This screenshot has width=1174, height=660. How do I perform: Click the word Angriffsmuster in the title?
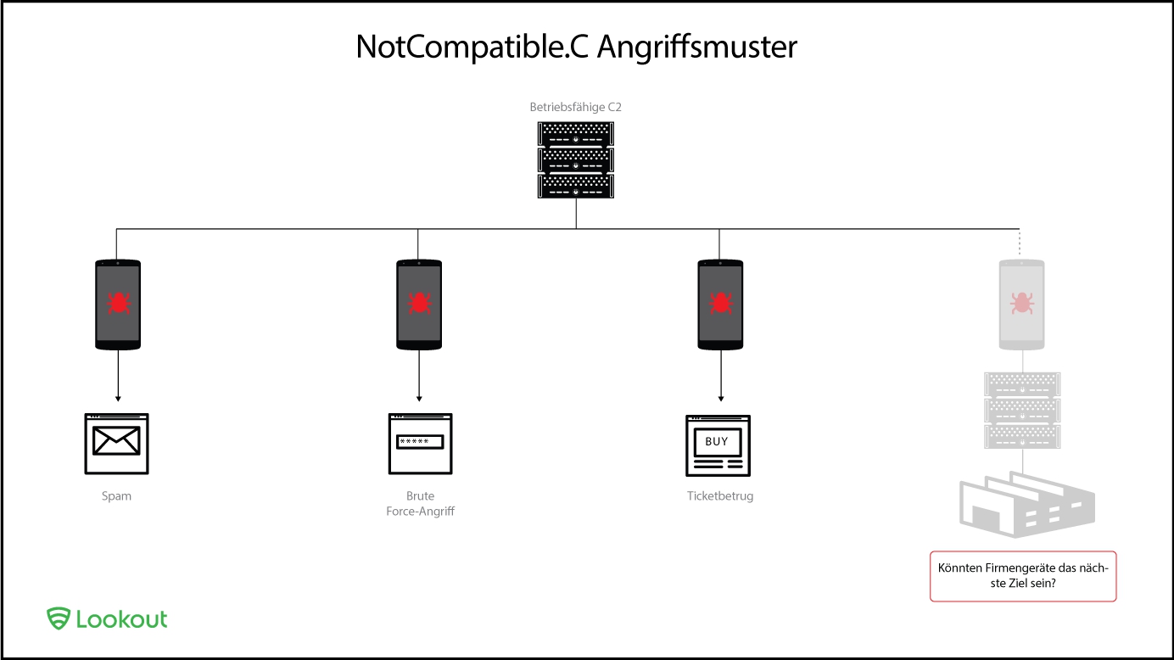(697, 47)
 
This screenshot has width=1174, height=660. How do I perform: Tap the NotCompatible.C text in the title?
(472, 47)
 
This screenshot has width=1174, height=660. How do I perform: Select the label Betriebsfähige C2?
(576, 108)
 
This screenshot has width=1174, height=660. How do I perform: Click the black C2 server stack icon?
(576, 160)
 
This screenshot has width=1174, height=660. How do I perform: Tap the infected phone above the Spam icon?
(117, 305)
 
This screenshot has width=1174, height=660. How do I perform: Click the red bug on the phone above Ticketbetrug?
(720, 302)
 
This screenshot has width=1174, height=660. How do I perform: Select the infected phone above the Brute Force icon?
(419, 305)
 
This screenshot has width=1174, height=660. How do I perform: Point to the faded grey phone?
(1022, 305)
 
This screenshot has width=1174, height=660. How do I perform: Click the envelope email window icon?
(117, 443)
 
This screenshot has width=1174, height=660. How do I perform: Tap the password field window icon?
(420, 443)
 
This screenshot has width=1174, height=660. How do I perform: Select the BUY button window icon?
(718, 444)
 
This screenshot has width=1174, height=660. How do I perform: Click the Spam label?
(117, 496)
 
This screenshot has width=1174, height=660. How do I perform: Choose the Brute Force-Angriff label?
(420, 504)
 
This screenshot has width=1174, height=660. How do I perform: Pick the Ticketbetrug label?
(720, 496)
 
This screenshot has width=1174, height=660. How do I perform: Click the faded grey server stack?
(1022, 411)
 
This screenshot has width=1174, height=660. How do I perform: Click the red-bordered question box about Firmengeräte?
(1023, 577)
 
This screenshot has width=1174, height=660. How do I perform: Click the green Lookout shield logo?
(58, 618)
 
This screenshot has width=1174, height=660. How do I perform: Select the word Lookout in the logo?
(122, 618)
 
